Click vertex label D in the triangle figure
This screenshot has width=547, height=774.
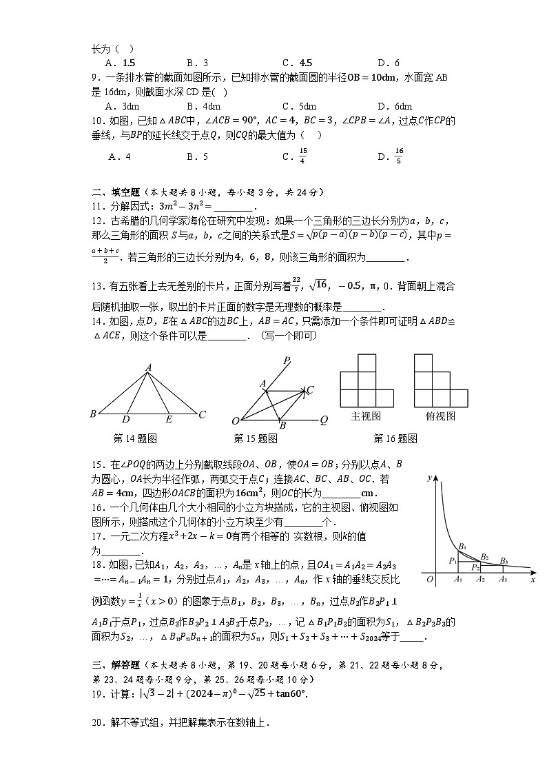coord(125,419)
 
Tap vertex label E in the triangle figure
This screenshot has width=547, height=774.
coord(169,419)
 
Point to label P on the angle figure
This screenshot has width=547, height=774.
coord(286,360)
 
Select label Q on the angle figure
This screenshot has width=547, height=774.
coord(323,420)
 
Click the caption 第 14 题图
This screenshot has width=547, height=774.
coord(135,438)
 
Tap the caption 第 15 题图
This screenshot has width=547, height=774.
coord(256,438)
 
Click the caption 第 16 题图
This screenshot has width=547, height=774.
coord(395,438)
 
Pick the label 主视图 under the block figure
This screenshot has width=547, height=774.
coord(366,416)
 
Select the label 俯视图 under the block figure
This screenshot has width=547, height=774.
coord(440,416)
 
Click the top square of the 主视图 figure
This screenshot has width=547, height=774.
coord(367,363)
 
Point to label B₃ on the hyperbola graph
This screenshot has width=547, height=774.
coord(504,560)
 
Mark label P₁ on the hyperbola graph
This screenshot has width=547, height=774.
coord(453,560)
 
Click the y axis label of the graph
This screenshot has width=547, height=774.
coord(429,477)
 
